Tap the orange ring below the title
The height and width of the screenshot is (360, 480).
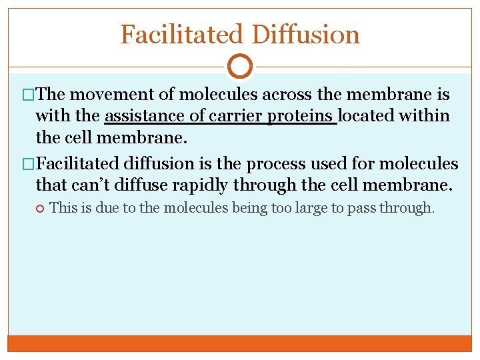point(240,67)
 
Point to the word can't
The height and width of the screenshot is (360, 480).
point(91,184)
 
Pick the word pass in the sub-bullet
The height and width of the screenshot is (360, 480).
point(362,207)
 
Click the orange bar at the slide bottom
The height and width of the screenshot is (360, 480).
point(240,343)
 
